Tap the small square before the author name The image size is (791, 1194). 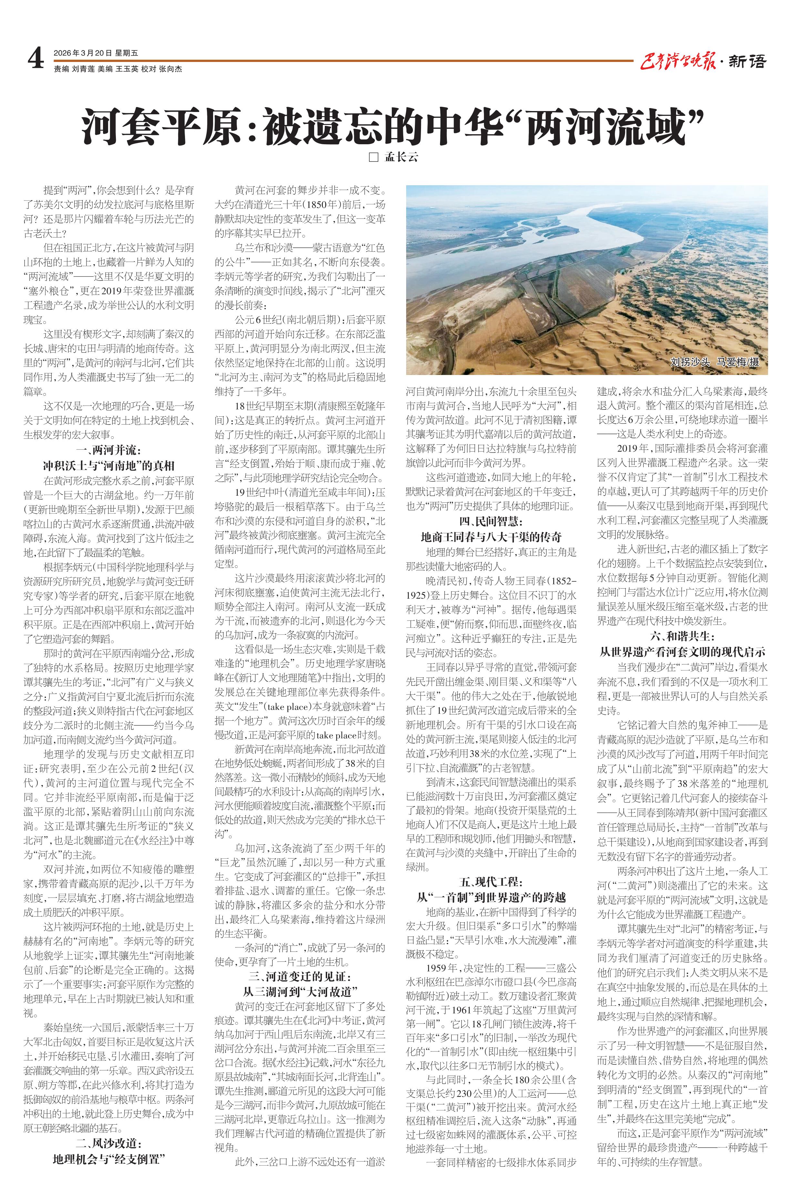[373, 157]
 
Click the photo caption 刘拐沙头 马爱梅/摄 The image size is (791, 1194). [715, 362]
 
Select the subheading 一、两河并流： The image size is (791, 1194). [108, 450]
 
